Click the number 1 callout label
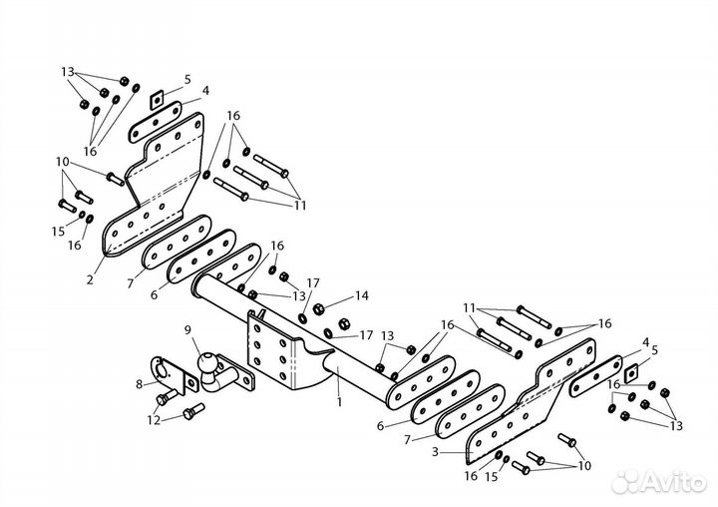click(339, 402)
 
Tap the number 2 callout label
click(90, 279)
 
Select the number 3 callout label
click(435, 452)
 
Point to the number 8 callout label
click(140, 384)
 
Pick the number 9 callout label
click(187, 329)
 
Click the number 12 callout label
click(154, 419)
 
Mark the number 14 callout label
click(361, 295)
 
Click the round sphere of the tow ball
click(206, 361)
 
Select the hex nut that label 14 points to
click(319, 308)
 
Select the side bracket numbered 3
click(532, 397)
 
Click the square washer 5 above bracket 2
click(158, 100)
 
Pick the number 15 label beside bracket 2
click(58, 232)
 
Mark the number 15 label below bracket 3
click(491, 477)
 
